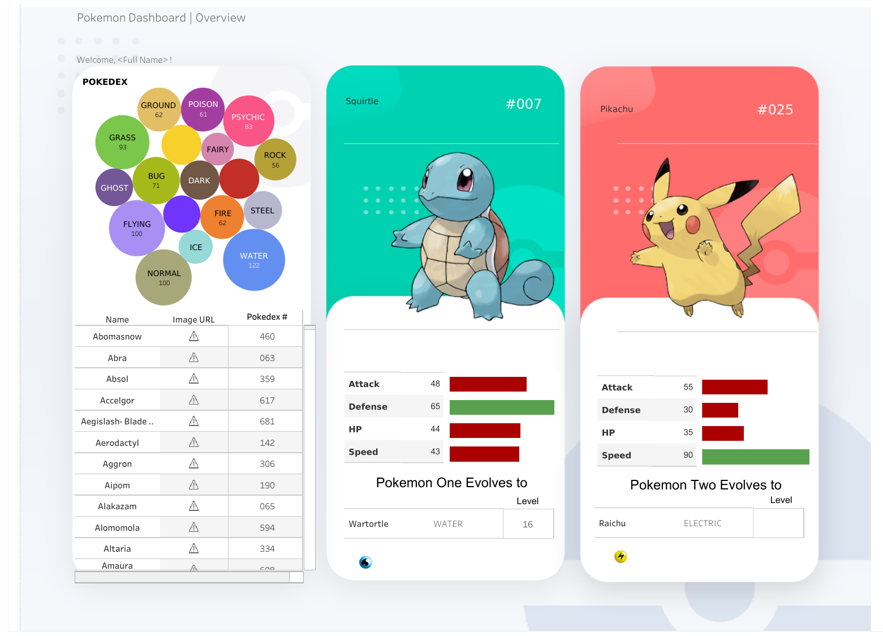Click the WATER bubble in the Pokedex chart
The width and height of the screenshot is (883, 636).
(254, 260)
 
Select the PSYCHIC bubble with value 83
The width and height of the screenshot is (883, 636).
(248, 121)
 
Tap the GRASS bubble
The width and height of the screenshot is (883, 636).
(122, 141)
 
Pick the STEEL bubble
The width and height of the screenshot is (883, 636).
(262, 210)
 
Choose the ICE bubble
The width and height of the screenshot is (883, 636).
(196, 247)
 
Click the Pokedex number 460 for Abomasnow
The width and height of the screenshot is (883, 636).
(267, 337)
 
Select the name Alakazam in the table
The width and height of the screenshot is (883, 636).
(117, 506)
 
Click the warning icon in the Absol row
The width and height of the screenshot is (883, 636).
(193, 379)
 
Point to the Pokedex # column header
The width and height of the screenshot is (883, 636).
(267, 317)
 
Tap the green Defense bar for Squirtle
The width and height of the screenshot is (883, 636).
(502, 407)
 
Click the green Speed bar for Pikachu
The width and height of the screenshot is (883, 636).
(755, 457)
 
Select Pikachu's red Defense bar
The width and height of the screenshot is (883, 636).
(720, 410)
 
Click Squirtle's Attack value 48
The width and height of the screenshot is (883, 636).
(435, 384)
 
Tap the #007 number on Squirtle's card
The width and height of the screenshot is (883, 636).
(523, 104)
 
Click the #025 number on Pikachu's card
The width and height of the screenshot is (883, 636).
(775, 110)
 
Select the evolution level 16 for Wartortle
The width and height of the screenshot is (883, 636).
(528, 525)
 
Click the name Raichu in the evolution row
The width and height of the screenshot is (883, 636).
(612, 523)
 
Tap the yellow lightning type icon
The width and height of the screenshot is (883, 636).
(621, 557)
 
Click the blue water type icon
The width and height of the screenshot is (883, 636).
(365, 562)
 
